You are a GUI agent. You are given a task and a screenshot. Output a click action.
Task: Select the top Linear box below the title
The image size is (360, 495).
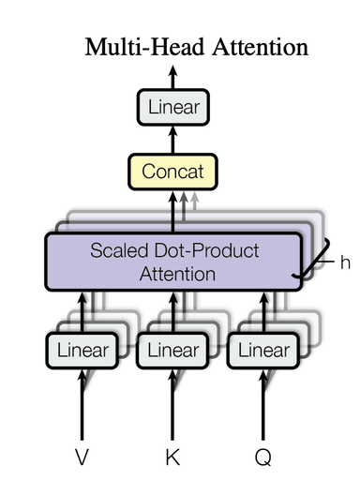click(x=173, y=108)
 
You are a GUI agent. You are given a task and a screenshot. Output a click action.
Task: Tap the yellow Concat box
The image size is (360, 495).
click(x=172, y=172)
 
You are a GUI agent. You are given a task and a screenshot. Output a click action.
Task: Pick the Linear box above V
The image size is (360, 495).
click(x=82, y=351)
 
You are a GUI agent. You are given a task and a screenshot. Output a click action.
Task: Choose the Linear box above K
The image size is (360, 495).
click(x=172, y=351)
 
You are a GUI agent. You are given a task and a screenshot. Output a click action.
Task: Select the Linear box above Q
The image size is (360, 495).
click(x=264, y=351)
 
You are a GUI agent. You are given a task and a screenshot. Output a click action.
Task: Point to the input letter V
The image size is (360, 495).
click(x=82, y=457)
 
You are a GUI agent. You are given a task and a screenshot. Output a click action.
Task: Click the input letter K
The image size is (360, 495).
click(x=172, y=457)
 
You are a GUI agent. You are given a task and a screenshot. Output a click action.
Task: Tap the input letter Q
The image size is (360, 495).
click(x=263, y=457)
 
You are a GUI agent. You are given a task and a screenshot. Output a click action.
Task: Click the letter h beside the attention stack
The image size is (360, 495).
click(x=345, y=263)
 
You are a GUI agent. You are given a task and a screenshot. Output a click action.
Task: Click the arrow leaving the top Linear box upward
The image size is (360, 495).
click(x=173, y=77)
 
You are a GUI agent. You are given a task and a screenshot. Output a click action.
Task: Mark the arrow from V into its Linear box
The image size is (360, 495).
click(x=82, y=403)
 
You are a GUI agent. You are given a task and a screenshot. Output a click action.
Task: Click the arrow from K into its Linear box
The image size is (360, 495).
click(x=172, y=403)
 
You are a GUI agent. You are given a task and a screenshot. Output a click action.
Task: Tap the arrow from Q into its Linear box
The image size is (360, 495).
click(x=264, y=403)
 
